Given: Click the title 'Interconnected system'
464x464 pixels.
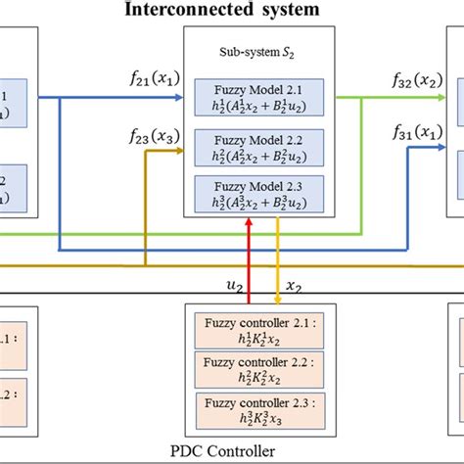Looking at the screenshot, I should coord(231,10).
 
